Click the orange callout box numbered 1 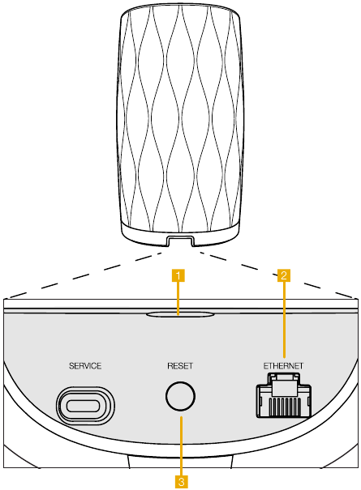178,276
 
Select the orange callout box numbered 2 284,275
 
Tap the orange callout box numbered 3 182,482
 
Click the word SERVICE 85,366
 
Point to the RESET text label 180,366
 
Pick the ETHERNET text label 283,366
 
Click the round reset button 180,396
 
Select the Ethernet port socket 284,395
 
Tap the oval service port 85,406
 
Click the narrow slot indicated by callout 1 180,314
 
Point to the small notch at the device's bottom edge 180,241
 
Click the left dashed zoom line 84,275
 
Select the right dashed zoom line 277,275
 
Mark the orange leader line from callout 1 178,298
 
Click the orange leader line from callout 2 284,319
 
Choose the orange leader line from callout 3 182,446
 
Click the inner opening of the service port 84,406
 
